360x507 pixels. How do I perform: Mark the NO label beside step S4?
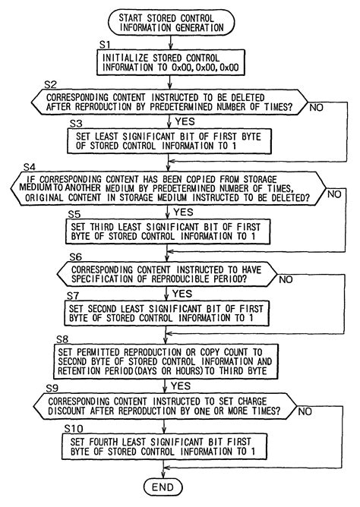[x=333, y=195]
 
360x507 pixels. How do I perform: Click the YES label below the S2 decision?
[x=185, y=121]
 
